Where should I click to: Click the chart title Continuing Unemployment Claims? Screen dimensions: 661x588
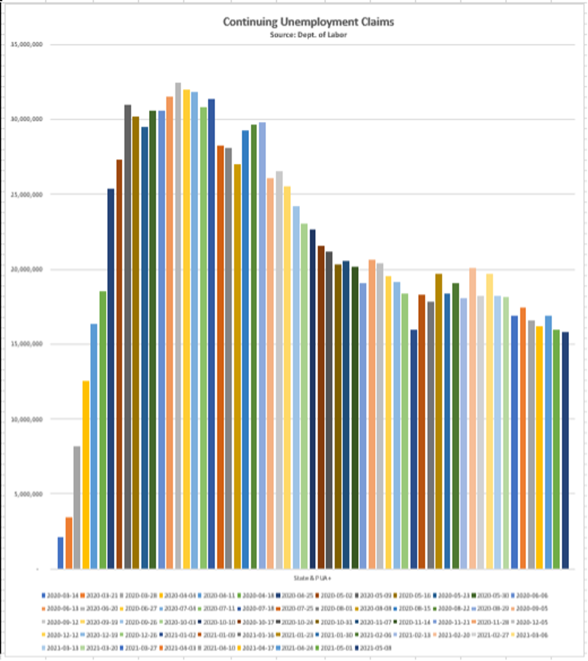pyautogui.click(x=308, y=22)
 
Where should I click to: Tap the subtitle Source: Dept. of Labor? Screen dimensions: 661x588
pyautogui.click(x=308, y=34)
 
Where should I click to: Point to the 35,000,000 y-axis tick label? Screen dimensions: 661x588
pyautogui.click(x=26, y=44)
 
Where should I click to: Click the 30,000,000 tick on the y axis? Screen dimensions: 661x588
pyautogui.click(x=26, y=120)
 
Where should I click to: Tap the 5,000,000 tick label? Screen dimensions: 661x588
pyautogui.click(x=28, y=494)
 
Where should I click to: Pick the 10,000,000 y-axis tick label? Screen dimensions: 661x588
pyautogui.click(x=26, y=419)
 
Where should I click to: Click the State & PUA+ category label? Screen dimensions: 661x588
pyautogui.click(x=308, y=578)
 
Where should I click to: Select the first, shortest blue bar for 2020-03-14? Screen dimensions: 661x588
pyautogui.click(x=61, y=553)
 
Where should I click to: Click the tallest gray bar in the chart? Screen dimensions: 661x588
pyautogui.click(x=178, y=325)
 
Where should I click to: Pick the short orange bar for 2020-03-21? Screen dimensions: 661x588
pyautogui.click(x=69, y=543)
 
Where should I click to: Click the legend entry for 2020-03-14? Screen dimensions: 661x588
pyautogui.click(x=59, y=595)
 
